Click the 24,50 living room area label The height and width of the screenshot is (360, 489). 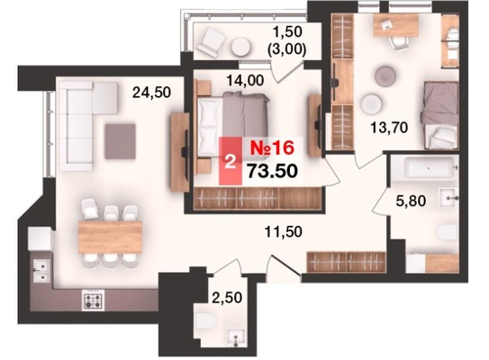click(x=151, y=93)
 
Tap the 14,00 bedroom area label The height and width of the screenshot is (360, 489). click(x=245, y=81)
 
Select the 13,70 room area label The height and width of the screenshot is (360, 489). click(x=389, y=128)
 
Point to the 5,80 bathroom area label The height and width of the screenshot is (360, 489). click(x=411, y=201)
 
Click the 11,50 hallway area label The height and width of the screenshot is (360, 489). click(x=283, y=231)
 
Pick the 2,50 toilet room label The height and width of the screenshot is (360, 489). click(x=227, y=298)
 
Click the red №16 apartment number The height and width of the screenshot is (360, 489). click(x=272, y=148)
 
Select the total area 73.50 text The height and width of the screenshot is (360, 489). click(x=272, y=170)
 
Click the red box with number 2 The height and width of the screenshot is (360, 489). click(x=231, y=161)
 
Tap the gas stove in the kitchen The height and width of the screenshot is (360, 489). click(x=94, y=300)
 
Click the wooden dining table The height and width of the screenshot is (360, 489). click(x=111, y=237)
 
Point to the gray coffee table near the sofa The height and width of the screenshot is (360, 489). click(x=121, y=141)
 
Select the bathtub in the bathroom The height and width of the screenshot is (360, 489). click(x=429, y=168)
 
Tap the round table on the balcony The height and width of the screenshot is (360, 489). click(x=240, y=47)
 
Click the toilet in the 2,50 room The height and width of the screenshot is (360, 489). click(x=204, y=323)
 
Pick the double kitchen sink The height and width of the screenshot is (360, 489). click(x=41, y=271)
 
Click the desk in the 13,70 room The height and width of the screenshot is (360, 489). click(x=395, y=25)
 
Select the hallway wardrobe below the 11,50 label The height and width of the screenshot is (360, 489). click(x=346, y=262)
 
